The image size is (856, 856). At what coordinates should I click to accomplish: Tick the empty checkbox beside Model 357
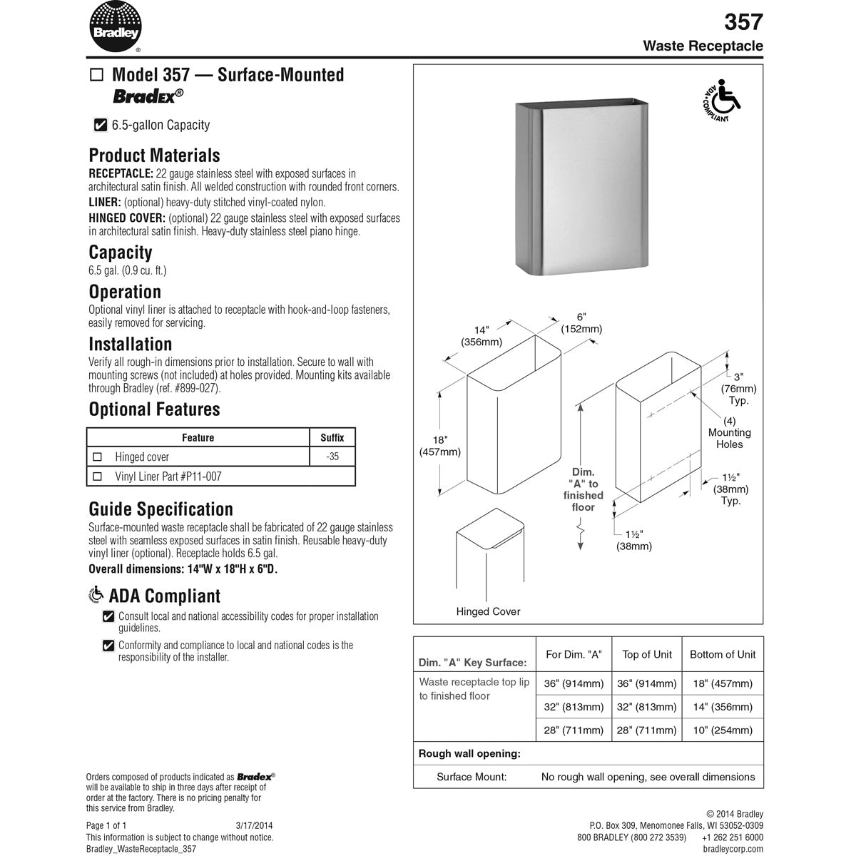point(97,75)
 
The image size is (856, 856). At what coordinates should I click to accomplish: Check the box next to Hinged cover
point(98,457)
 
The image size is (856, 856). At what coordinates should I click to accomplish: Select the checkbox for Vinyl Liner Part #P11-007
point(98,477)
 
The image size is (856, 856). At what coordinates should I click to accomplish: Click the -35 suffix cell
point(332,457)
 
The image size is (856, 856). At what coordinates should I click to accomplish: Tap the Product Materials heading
point(154,156)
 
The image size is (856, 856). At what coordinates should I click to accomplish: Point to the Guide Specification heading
point(160,509)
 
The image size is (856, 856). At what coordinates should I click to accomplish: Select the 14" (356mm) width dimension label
point(481,336)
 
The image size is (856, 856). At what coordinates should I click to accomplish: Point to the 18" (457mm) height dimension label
point(439,446)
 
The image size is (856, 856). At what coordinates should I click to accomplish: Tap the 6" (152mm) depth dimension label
point(581,323)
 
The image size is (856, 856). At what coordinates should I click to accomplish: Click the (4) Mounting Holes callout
point(730,432)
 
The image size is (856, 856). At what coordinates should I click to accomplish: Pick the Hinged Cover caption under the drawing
point(488,611)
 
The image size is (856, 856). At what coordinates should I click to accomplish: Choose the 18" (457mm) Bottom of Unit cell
point(723,683)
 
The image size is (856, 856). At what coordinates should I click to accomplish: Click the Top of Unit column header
point(647,654)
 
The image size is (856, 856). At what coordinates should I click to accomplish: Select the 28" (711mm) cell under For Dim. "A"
point(574,730)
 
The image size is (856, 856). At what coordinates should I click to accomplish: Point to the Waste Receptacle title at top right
point(703,46)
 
